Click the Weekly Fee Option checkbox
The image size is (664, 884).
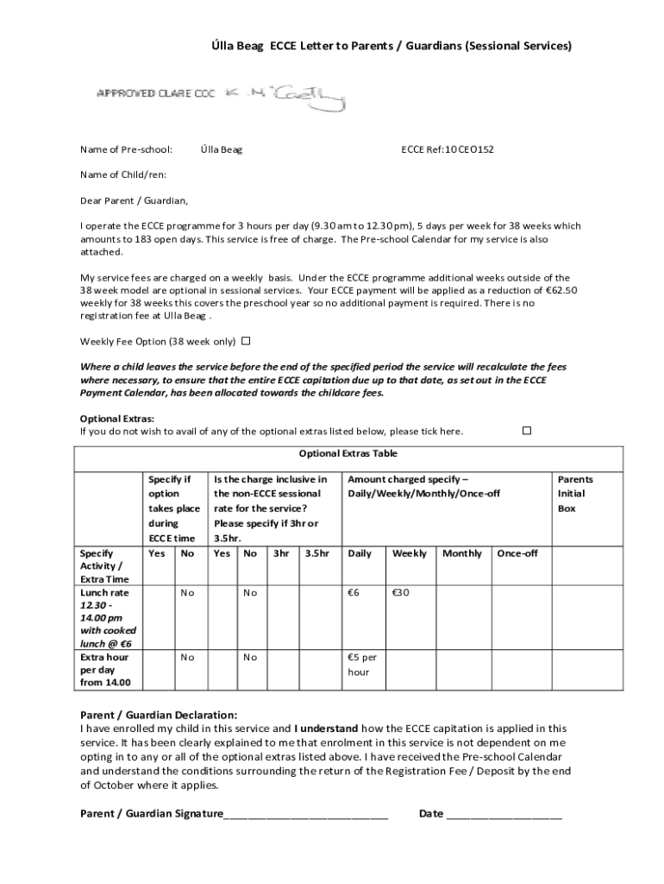246,340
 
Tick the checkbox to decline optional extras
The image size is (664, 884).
527,430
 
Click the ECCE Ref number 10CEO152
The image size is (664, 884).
448,149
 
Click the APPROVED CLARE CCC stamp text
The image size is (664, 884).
155,93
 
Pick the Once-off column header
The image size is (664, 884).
517,553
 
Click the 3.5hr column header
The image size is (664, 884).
316,553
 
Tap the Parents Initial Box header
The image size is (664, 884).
575,494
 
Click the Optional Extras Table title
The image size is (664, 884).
348,454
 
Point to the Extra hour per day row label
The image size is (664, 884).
106,670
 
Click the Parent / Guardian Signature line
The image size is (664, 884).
305,814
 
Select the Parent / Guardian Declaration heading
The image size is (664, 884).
158,715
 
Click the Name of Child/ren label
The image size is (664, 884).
123,175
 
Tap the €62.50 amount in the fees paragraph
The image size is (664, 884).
556,290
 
